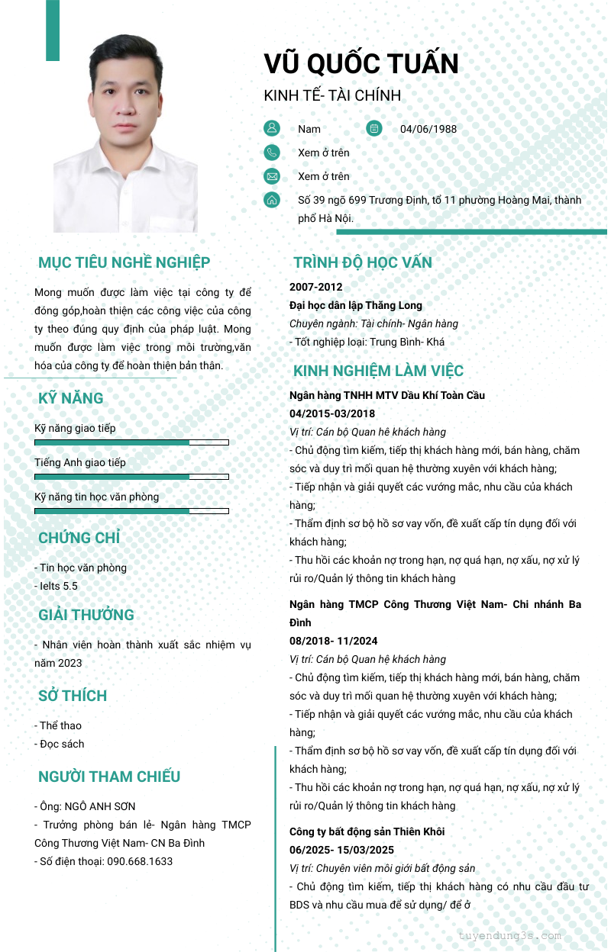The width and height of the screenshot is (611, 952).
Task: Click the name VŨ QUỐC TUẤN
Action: coord(361,63)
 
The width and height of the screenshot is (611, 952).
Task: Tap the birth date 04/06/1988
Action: coord(428,129)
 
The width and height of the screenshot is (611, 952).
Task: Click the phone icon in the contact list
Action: coord(272,153)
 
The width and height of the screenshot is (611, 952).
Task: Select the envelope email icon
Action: coord(272,176)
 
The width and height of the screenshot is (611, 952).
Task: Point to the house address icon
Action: coord(272,200)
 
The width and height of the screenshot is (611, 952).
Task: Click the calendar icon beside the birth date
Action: coord(373,128)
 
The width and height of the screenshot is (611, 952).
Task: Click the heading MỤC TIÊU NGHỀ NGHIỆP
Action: coord(124,262)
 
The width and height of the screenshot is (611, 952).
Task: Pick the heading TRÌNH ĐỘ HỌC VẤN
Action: coord(363,262)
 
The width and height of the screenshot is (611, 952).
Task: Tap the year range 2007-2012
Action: coord(316,287)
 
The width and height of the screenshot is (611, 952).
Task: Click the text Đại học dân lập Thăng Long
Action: coord(356,305)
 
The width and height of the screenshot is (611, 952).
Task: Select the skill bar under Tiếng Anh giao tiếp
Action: coord(131,477)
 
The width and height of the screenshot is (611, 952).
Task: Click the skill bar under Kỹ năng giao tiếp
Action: coord(131,442)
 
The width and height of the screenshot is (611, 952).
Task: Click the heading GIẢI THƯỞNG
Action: coord(86,615)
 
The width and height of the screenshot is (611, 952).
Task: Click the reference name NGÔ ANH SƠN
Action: coord(99,806)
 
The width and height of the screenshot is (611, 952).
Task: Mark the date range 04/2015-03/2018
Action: coord(332,413)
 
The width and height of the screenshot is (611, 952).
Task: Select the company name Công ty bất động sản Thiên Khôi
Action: coord(367,831)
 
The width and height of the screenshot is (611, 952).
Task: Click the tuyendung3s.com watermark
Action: coord(510,936)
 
